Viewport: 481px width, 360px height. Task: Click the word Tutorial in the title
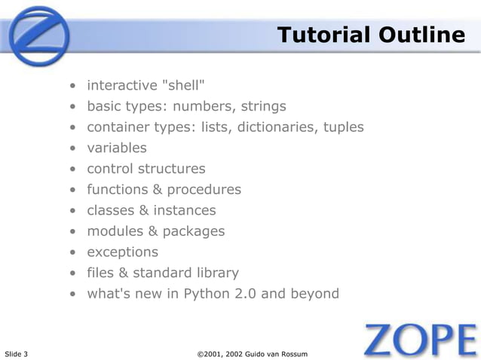pos(320,35)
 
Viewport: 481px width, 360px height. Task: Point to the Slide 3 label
pos(17,354)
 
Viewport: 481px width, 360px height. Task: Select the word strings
pos(262,105)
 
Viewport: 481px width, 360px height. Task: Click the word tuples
pos(344,127)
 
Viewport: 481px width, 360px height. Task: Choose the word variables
pos(117,148)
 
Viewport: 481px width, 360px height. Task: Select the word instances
pos(185,210)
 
